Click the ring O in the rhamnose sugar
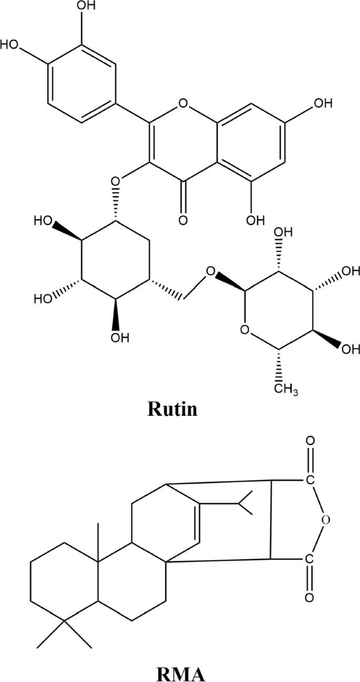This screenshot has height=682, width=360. (x=243, y=330)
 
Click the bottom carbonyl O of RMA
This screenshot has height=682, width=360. (x=309, y=597)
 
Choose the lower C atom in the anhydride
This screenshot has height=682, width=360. (x=309, y=558)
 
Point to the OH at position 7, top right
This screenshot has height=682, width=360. (x=323, y=103)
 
